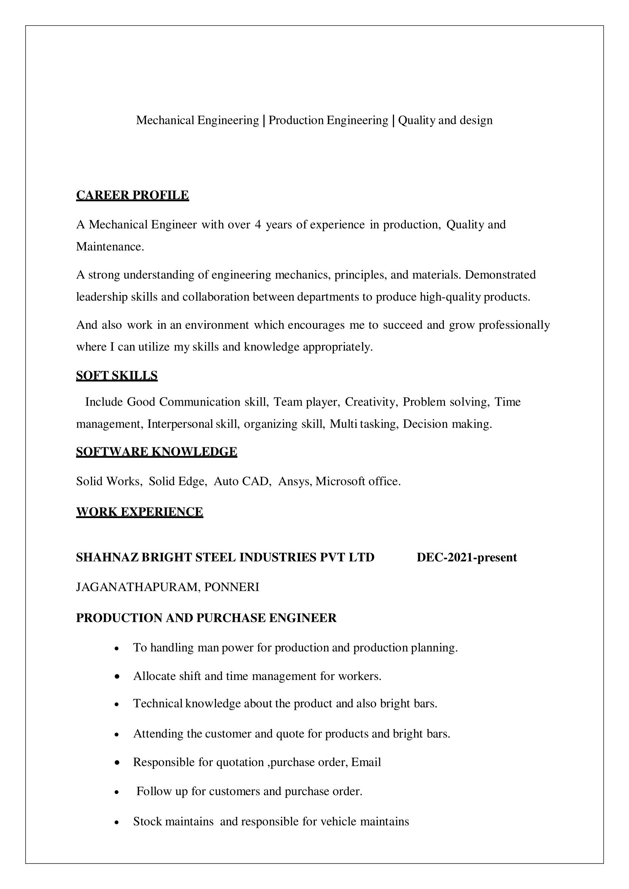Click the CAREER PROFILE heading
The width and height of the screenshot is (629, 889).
(x=132, y=195)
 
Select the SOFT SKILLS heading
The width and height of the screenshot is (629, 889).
(x=117, y=375)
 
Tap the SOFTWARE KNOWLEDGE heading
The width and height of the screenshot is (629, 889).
(x=156, y=452)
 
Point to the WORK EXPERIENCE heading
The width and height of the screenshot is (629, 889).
(x=140, y=512)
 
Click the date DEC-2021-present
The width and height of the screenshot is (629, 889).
(x=466, y=558)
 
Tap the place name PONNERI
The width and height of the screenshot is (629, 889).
(x=232, y=587)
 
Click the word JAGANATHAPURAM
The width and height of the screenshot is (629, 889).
(x=138, y=587)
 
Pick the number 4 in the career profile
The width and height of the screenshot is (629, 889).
(x=258, y=225)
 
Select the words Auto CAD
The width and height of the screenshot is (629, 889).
(x=242, y=481)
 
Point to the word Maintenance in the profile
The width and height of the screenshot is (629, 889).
(x=110, y=247)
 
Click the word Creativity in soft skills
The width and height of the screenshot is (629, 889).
(x=371, y=402)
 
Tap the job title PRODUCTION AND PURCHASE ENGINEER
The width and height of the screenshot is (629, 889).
(x=206, y=618)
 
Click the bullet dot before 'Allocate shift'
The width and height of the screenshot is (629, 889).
(x=117, y=677)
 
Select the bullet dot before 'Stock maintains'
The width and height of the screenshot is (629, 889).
(x=117, y=822)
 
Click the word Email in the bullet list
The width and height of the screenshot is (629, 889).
(x=366, y=762)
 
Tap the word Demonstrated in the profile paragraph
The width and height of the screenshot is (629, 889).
(x=500, y=275)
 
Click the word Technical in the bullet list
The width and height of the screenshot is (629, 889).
(x=158, y=703)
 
